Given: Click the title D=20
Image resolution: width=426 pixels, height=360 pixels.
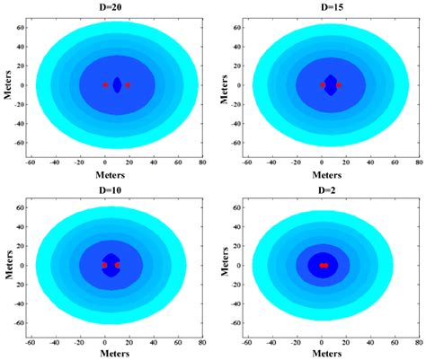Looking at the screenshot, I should (x=116, y=6).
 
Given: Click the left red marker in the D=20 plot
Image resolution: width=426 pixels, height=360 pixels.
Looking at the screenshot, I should (x=105, y=85).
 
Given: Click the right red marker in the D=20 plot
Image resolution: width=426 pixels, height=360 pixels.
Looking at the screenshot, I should (x=128, y=85).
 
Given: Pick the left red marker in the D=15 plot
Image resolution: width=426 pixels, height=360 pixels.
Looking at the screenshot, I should (x=323, y=85).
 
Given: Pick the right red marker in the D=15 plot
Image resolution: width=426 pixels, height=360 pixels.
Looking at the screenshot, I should (x=339, y=85).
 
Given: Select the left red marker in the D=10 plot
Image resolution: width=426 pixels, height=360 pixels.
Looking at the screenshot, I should (x=105, y=266).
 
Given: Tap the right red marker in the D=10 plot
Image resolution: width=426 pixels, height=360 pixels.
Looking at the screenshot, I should (x=117, y=266).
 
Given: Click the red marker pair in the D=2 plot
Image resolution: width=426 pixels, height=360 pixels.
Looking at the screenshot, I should (x=324, y=266).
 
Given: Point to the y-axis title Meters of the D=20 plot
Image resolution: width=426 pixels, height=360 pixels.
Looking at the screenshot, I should (x=7, y=85).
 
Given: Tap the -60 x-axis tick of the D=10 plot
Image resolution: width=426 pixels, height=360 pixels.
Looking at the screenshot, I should (x=31, y=342).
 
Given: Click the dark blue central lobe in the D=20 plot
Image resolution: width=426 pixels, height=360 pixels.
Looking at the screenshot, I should (x=117, y=85).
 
